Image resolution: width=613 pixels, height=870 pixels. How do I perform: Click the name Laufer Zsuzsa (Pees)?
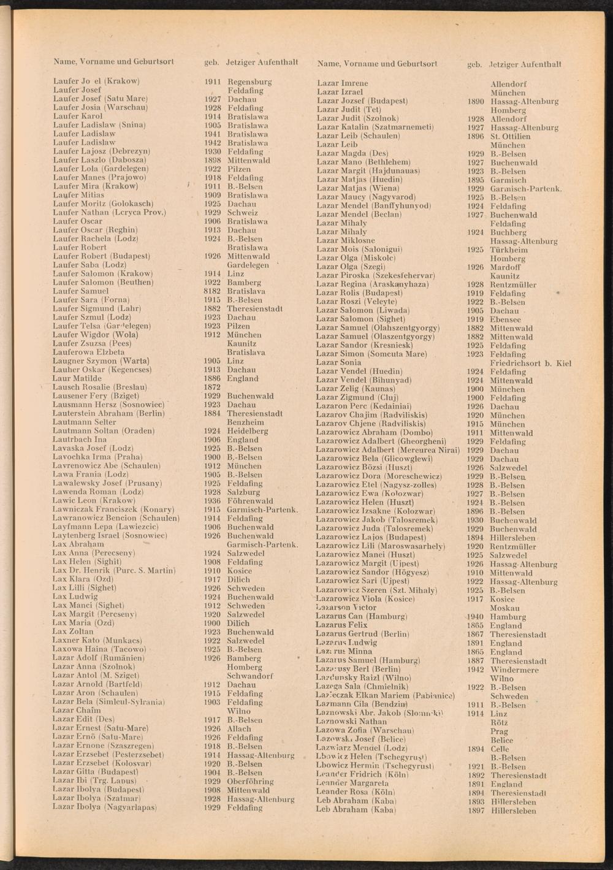92,344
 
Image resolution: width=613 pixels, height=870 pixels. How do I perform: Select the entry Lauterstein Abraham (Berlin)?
109,414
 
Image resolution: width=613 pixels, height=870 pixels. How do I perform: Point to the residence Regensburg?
249,82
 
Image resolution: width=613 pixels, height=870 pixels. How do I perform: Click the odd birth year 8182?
212,291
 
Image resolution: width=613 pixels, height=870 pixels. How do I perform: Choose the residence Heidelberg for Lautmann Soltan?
248,431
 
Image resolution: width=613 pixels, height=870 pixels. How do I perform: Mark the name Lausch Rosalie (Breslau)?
100,387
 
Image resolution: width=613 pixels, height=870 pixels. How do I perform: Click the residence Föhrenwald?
250,501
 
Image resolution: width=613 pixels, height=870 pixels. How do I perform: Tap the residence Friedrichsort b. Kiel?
531,364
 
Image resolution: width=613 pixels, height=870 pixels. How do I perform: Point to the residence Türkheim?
509,250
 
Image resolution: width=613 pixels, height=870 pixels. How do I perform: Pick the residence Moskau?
505,608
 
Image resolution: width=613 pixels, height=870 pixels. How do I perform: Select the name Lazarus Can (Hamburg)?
361,616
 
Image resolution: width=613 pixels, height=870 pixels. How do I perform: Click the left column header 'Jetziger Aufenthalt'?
262,62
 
